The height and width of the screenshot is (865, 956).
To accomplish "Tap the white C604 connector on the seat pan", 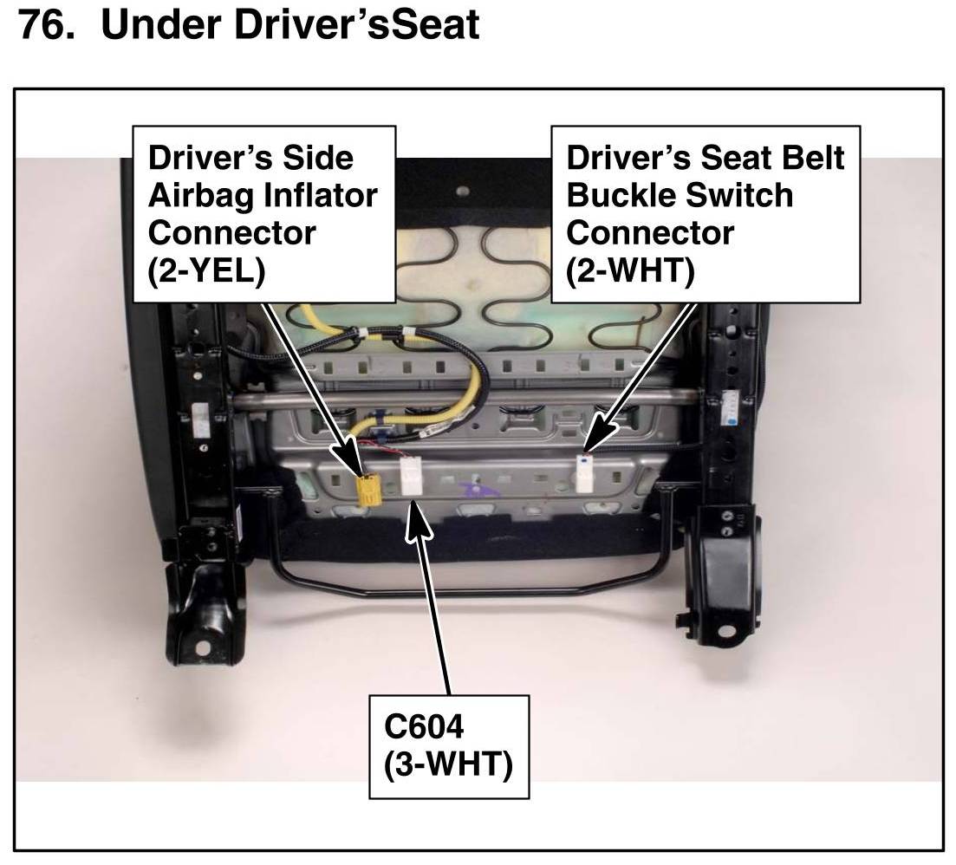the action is (412, 478).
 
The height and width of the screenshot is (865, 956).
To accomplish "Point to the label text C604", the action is (424, 727).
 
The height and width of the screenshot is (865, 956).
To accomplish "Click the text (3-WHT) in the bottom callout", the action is (448, 765).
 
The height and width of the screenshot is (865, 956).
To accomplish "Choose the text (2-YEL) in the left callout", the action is (206, 270).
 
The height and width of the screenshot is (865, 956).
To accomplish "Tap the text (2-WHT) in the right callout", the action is (630, 270).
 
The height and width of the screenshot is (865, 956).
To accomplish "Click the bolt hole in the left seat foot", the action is (201, 647).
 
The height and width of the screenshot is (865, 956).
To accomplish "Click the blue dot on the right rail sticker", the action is (732, 420).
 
